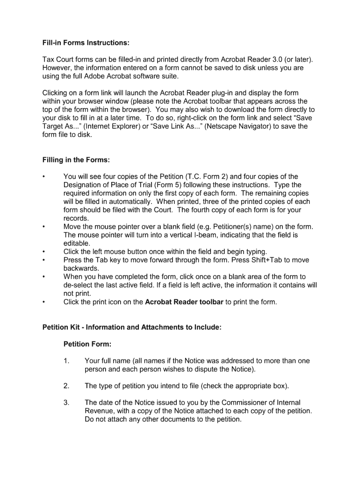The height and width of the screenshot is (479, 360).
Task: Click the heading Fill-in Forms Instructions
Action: pos(86,43)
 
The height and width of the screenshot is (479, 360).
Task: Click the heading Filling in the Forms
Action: pos(76,160)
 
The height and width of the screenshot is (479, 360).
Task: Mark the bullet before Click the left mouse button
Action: pos(43,252)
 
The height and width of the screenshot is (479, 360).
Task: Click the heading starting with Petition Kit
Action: pos(131,327)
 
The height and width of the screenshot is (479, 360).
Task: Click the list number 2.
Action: pos(66,386)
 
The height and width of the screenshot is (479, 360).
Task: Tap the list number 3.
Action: pos(66,403)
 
